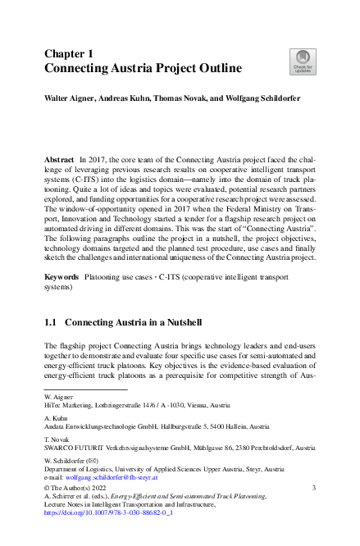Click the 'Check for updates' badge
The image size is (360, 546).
(x=303, y=61)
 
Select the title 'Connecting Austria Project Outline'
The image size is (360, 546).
(x=143, y=68)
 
